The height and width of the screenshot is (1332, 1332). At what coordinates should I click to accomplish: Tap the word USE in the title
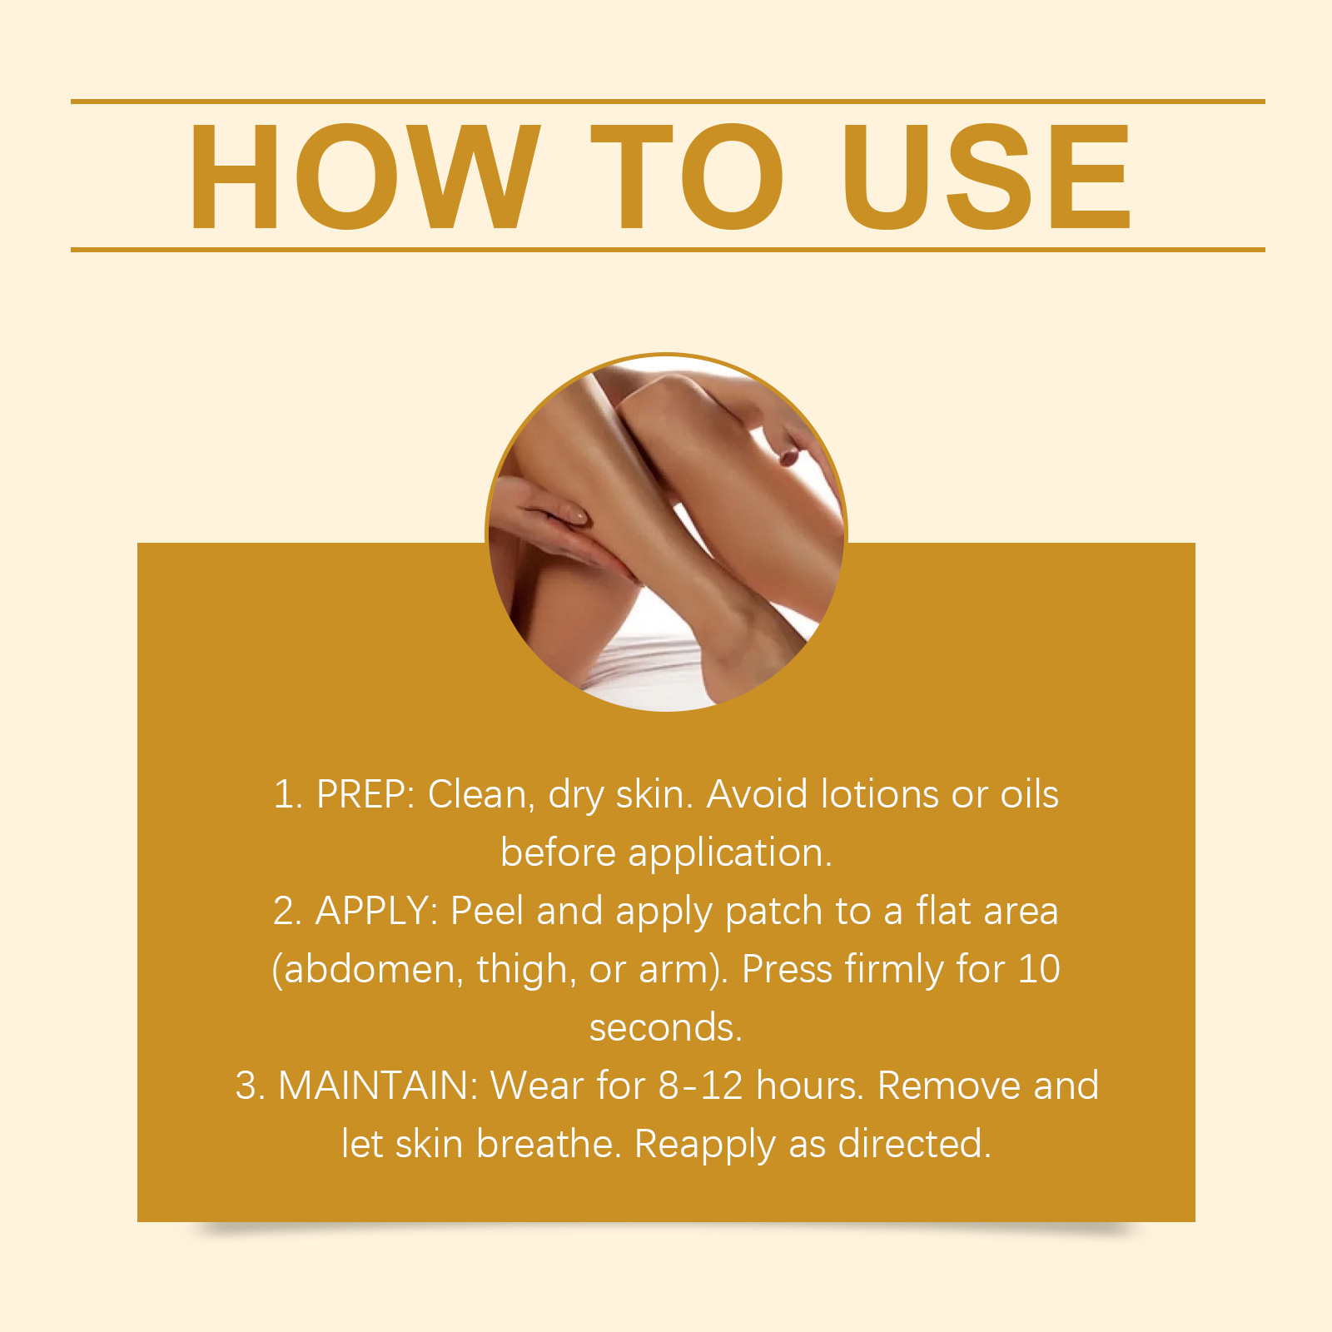987,176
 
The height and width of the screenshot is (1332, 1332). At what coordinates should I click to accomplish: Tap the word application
730,854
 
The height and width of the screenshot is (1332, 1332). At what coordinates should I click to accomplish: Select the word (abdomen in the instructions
367,970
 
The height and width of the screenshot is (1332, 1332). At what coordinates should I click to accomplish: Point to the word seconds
665,1028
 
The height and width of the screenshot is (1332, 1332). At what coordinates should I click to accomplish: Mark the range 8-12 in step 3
700,1086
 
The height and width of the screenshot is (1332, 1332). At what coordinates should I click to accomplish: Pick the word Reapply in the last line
705,1146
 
